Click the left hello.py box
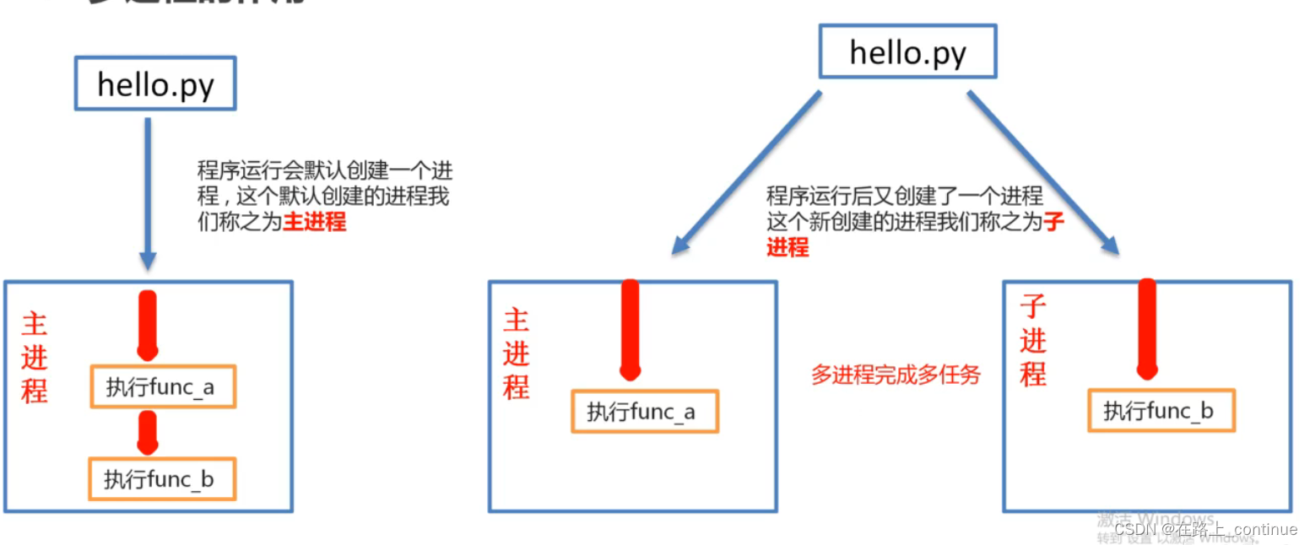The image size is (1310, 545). click(155, 84)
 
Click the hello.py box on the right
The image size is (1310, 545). click(907, 52)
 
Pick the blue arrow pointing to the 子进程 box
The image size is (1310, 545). click(1043, 172)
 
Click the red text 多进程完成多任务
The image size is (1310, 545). click(896, 375)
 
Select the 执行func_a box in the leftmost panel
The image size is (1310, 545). click(162, 387)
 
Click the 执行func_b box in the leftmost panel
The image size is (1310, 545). click(161, 478)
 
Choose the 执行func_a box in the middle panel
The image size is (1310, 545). click(644, 412)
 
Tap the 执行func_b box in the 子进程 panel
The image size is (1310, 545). click(1161, 411)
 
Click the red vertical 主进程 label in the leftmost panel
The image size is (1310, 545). click(35, 358)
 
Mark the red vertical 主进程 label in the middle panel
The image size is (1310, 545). click(516, 353)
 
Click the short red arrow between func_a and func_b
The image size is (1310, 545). click(149, 432)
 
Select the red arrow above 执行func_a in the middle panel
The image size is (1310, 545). click(630, 329)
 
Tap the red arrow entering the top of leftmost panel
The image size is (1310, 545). click(148, 325)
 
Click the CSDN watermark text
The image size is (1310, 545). click(1204, 529)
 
